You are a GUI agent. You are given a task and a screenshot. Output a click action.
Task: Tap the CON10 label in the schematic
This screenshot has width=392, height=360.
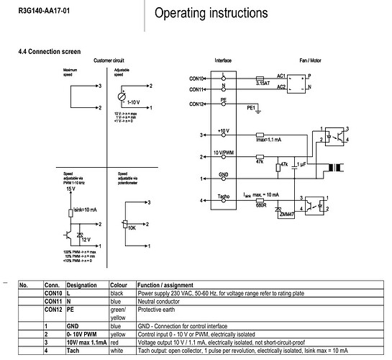(198, 78)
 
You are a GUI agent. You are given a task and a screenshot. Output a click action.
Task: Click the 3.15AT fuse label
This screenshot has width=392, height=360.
(264, 84)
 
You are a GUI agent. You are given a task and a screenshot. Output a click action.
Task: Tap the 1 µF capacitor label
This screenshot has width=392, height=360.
(301, 165)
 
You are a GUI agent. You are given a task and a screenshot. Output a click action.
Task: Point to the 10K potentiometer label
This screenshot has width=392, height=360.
(132, 228)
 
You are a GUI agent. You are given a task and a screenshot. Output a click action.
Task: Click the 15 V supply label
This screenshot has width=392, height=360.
(69, 189)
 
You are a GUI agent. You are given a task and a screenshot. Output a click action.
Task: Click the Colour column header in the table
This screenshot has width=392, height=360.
(118, 285)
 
